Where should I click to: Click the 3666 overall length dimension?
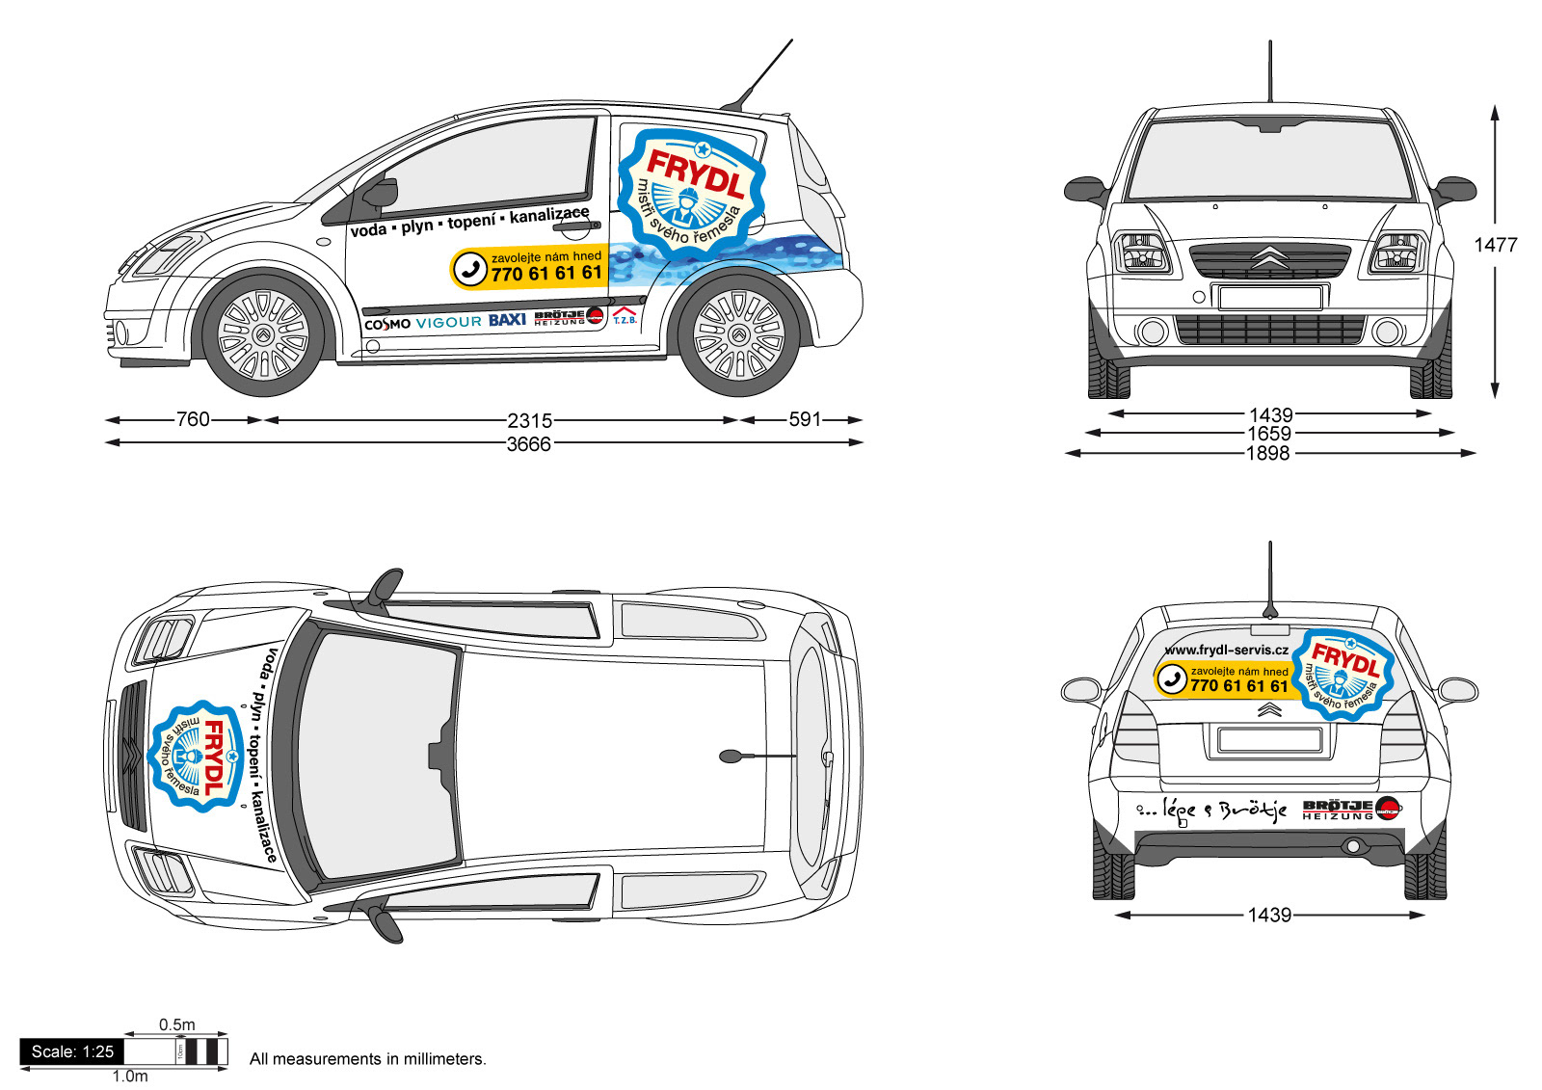(x=529, y=444)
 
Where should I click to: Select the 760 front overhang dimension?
(x=193, y=419)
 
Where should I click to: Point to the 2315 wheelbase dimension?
(x=529, y=420)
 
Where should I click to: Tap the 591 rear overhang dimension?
(x=805, y=419)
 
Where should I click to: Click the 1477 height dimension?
(x=1495, y=245)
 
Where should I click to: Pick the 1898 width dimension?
(x=1267, y=453)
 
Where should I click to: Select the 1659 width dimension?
(x=1268, y=434)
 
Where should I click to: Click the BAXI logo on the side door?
(x=507, y=320)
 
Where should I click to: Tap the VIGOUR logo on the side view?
(x=448, y=322)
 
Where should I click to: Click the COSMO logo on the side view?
(x=387, y=325)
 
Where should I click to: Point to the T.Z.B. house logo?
(x=625, y=316)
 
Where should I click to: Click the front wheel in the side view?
(x=263, y=334)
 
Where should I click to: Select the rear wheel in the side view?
(x=738, y=334)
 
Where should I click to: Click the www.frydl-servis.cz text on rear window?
(x=1226, y=651)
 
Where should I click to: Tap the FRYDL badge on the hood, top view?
(x=196, y=756)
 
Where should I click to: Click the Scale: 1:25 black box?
(x=72, y=1051)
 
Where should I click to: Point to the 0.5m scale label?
(x=177, y=1024)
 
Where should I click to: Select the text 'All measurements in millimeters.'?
(x=367, y=1059)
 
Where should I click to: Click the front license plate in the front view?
(x=1269, y=297)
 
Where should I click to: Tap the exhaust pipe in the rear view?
(x=1353, y=846)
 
